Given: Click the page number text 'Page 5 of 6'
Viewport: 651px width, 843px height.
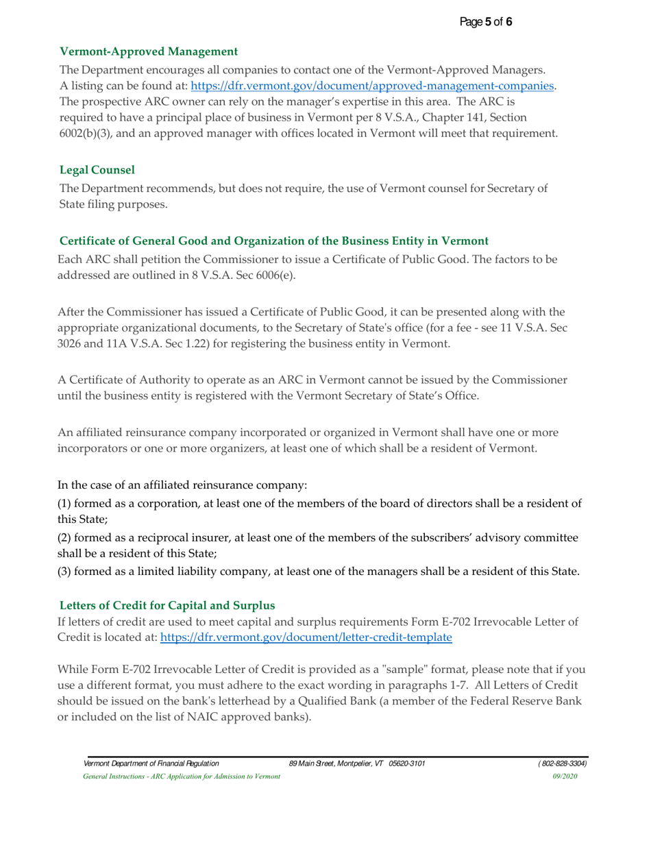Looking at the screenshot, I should tap(486, 22).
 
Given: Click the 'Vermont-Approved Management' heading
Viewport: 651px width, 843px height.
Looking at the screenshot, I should tap(149, 51).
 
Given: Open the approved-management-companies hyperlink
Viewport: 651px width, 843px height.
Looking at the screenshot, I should tap(372, 86).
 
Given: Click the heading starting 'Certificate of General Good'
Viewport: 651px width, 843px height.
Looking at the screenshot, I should tap(273, 241).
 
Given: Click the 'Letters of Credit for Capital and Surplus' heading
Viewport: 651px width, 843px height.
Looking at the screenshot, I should tap(167, 605).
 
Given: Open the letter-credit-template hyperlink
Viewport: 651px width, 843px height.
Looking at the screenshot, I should tap(306, 637).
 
